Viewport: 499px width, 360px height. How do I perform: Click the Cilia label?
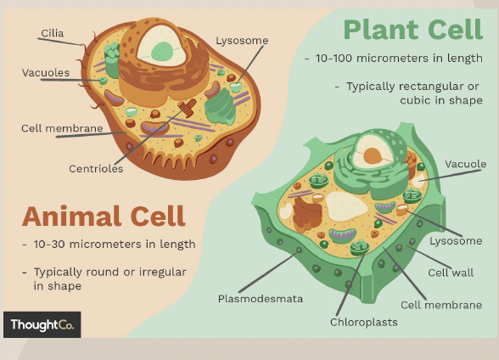[53, 34]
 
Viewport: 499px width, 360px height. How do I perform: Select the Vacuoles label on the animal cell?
[46, 73]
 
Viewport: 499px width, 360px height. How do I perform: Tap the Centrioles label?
[96, 169]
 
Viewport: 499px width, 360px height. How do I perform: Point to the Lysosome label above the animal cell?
[242, 40]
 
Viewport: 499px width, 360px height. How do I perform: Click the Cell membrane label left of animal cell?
[62, 129]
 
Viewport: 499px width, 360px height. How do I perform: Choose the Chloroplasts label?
[363, 322]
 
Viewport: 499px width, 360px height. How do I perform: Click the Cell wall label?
[451, 273]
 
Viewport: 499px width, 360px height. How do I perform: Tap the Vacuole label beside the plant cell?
[465, 164]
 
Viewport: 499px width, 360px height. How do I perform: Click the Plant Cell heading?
[413, 30]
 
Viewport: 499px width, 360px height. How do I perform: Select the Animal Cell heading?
[104, 216]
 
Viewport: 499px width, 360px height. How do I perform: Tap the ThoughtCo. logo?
[42, 324]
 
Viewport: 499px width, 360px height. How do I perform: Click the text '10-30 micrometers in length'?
[108, 245]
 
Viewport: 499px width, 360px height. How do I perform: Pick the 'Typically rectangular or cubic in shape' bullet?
[413, 93]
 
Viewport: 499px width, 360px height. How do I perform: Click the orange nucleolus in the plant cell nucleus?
[372, 156]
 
